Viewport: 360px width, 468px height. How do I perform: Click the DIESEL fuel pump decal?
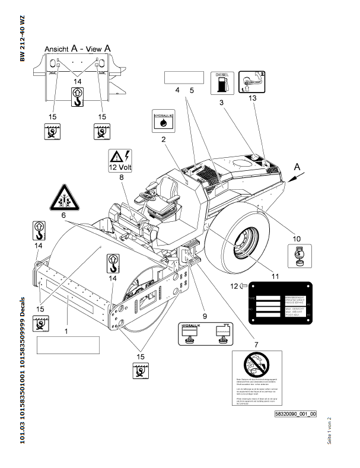(x=221, y=82)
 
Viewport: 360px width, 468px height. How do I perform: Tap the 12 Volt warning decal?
(x=120, y=160)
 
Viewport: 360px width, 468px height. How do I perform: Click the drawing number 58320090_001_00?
(x=295, y=413)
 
